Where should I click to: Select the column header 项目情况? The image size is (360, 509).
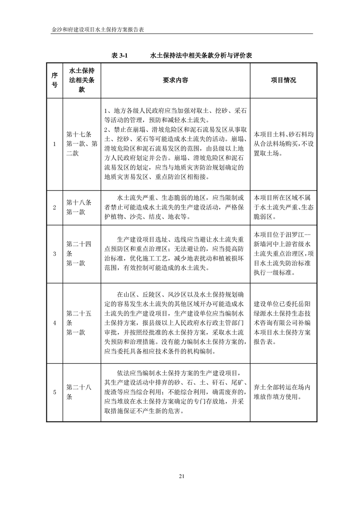tap(283, 80)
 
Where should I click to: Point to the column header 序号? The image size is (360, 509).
tap(54, 80)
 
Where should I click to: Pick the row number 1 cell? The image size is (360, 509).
tap(54, 144)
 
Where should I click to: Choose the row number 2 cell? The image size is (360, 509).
tap(54, 208)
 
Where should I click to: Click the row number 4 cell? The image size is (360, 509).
tap(54, 323)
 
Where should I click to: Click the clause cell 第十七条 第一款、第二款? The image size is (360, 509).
tap(82, 144)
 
